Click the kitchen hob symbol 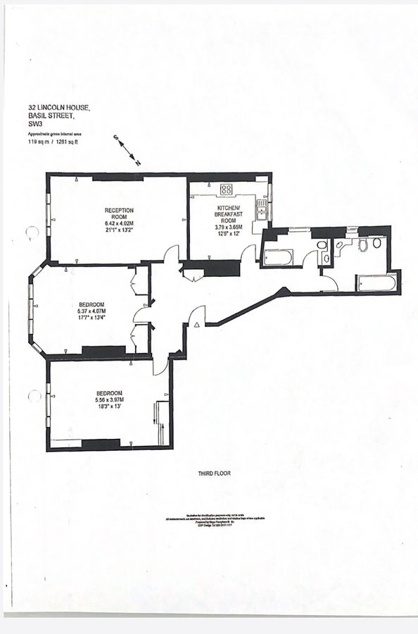(x=227, y=188)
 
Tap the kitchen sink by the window (x=261, y=206)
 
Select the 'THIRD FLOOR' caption (x=215, y=474)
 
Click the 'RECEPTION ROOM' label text (x=119, y=214)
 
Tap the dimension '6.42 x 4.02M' (x=119, y=224)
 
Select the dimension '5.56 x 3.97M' (x=109, y=400)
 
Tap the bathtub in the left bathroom (x=277, y=257)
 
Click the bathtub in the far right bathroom (x=376, y=283)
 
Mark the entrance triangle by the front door (x=197, y=323)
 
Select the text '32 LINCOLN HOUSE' (x=54, y=108)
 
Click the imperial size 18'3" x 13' (x=109, y=407)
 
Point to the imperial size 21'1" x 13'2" (x=119, y=231)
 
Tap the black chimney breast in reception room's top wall (x=118, y=177)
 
